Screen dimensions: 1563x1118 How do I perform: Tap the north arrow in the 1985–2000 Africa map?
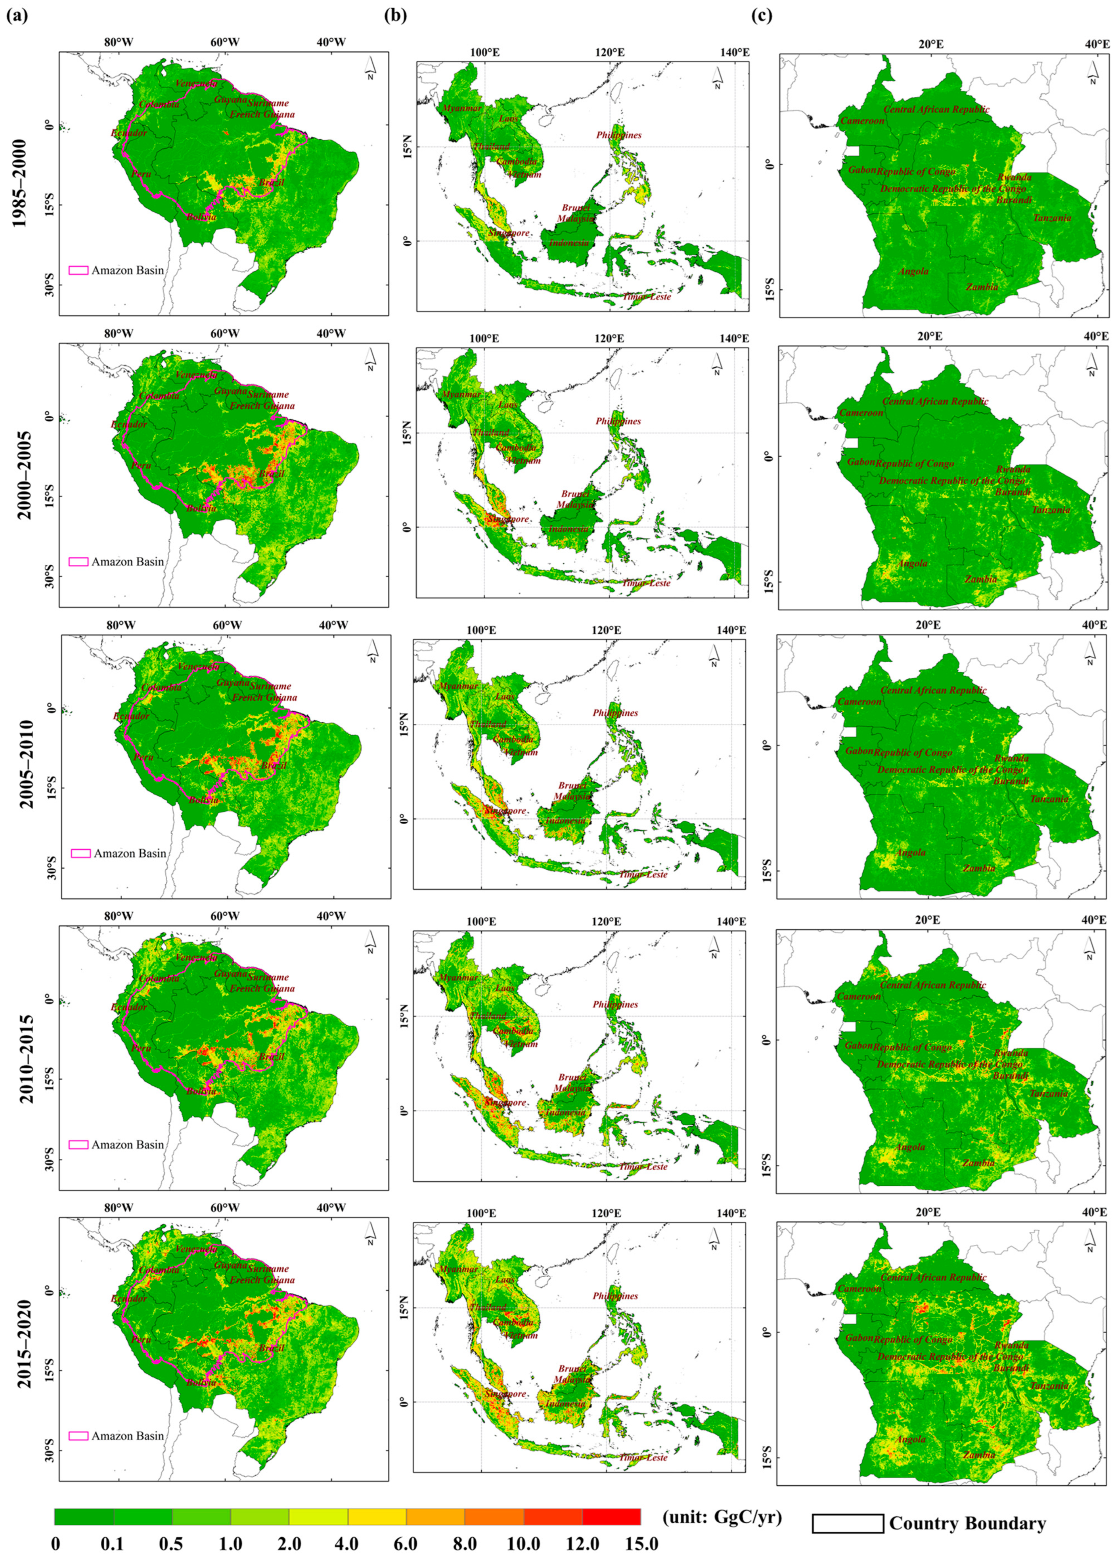pyautogui.click(x=1092, y=72)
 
